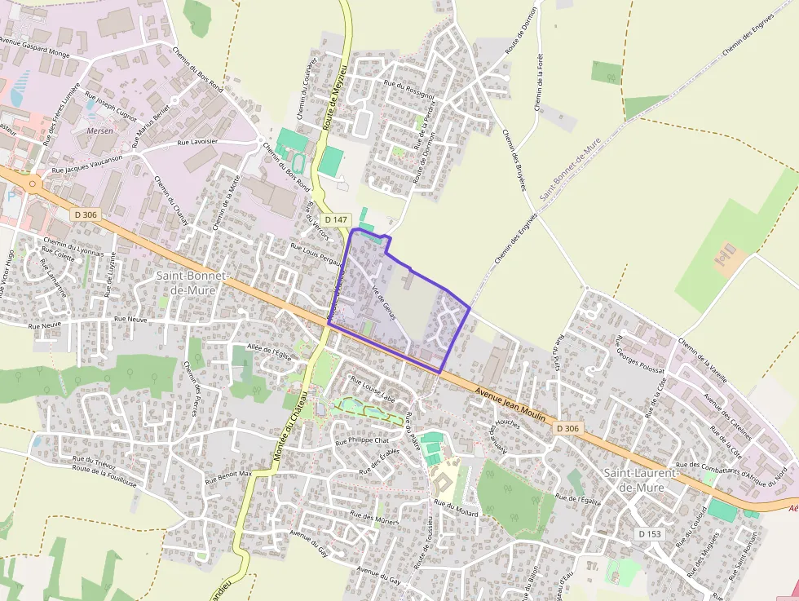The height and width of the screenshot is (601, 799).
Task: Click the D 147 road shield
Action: pyautogui.click(x=336, y=219)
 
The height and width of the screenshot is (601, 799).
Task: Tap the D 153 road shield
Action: pyautogui.click(x=650, y=533)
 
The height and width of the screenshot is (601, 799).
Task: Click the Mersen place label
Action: pyautogui.click(x=99, y=130)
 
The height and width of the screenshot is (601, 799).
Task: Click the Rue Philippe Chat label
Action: pyautogui.click(x=363, y=440)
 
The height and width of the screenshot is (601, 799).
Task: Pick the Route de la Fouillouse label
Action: pyautogui.click(x=104, y=475)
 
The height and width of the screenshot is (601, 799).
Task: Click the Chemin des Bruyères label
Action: pyautogui.click(x=514, y=161)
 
